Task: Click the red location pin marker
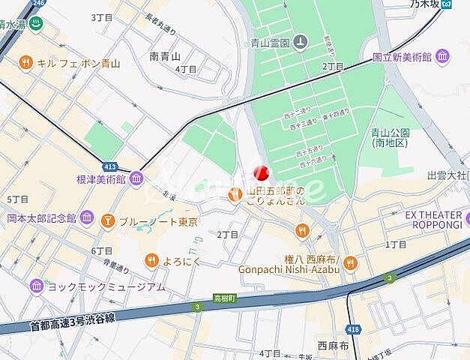pyautogui.click(x=260, y=173)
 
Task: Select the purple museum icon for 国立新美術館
pyautogui.click(x=442, y=56)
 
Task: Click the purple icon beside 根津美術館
pyautogui.click(x=136, y=178)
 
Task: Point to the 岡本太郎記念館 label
pyautogui.click(x=41, y=218)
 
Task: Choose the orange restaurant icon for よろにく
pyautogui.click(x=151, y=260)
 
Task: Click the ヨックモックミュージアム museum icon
pyautogui.click(x=36, y=286)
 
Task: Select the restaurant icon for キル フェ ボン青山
pyautogui.click(x=26, y=63)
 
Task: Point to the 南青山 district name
pyautogui.click(x=166, y=55)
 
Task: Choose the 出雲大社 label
pyautogui.click(x=447, y=175)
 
